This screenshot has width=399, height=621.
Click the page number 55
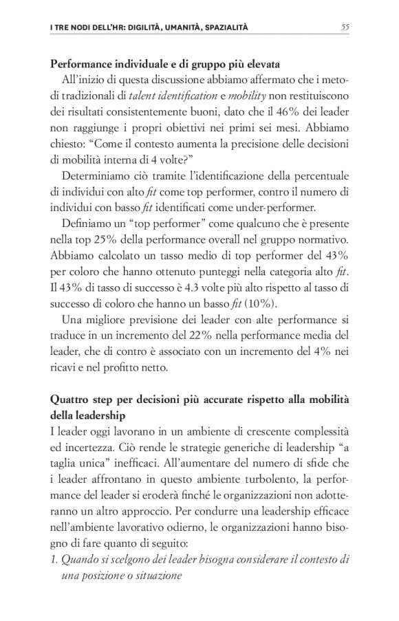pos(345,28)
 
